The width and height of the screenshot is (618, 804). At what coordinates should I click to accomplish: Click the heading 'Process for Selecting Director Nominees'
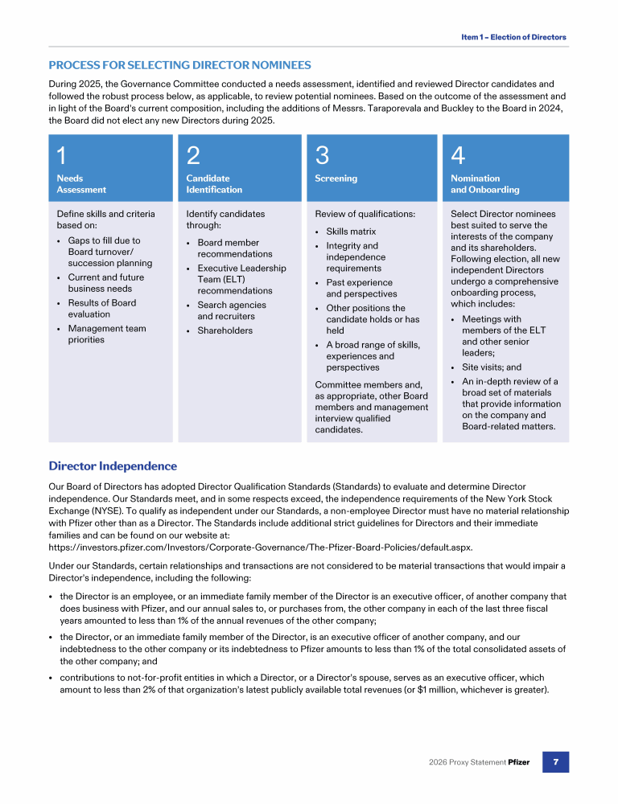click(x=179, y=65)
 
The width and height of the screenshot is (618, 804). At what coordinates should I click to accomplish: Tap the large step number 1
click(x=62, y=154)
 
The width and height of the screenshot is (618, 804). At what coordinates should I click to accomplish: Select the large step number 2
click(x=193, y=154)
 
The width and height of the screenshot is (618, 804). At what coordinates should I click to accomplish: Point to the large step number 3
click(x=322, y=154)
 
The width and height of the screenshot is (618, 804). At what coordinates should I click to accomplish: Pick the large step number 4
click(x=458, y=154)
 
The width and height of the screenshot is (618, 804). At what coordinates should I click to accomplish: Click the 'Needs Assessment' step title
click(x=81, y=184)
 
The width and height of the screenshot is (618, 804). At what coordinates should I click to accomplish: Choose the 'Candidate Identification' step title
click(x=214, y=184)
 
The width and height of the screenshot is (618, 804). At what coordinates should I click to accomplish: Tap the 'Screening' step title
click(x=336, y=178)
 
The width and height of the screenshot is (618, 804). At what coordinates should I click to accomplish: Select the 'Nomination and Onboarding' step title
click(x=485, y=184)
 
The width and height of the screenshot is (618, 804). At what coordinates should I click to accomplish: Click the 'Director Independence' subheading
click(x=113, y=466)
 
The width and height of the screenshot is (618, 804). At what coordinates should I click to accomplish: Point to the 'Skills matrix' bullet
click(x=351, y=232)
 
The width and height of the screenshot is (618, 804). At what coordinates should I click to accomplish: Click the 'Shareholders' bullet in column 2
click(x=225, y=330)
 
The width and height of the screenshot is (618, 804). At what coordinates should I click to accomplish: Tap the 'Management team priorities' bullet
click(x=107, y=334)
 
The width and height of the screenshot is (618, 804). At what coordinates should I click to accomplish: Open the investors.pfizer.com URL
click(x=261, y=547)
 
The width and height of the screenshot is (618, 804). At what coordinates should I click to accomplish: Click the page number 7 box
click(x=555, y=761)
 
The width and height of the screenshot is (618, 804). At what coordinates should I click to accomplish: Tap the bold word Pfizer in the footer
click(x=519, y=762)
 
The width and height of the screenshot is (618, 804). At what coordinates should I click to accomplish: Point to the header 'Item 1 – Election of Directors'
click(x=513, y=37)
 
